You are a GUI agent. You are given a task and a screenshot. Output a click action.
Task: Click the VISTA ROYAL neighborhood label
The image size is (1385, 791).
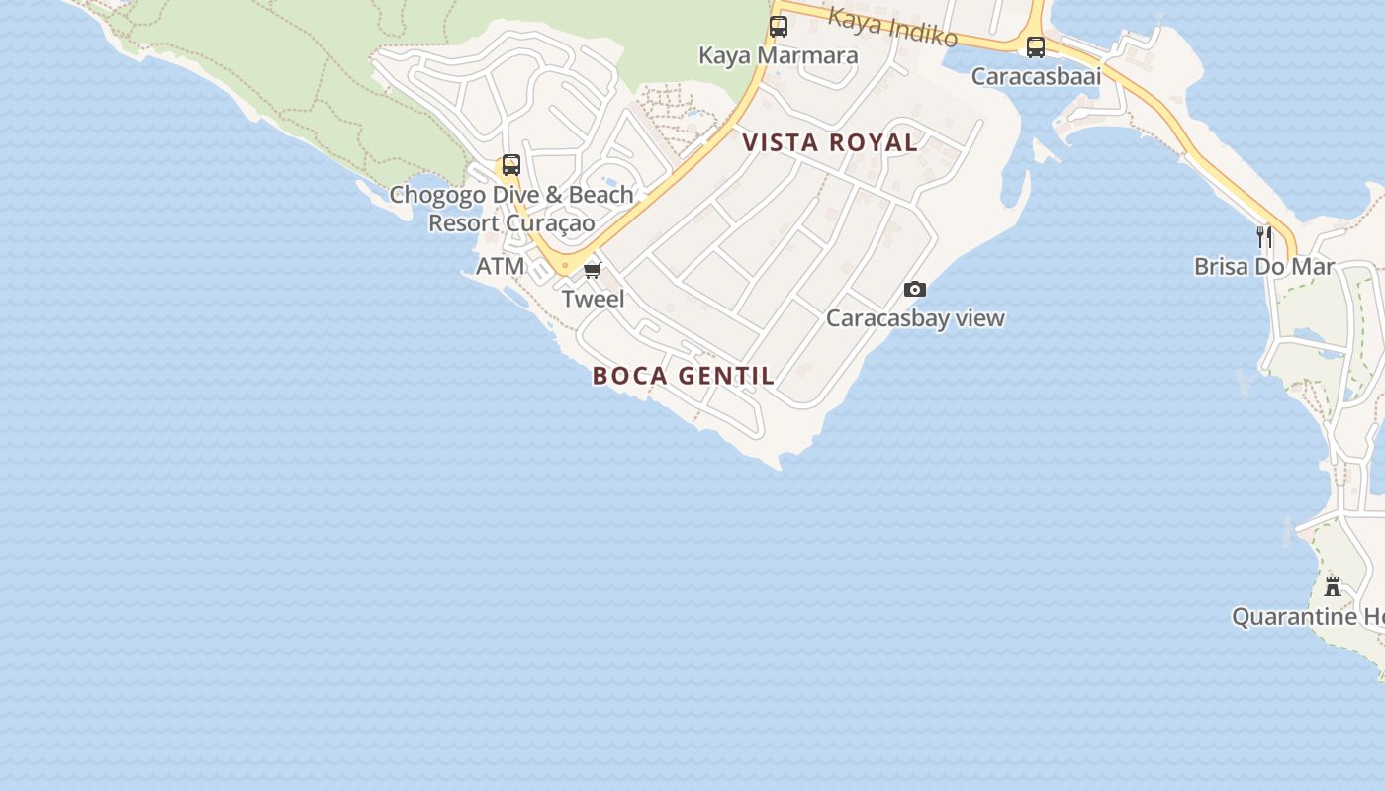830,142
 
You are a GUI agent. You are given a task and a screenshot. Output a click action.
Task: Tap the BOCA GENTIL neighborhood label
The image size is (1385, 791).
684,376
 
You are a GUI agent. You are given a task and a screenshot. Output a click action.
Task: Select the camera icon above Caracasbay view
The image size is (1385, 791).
915,289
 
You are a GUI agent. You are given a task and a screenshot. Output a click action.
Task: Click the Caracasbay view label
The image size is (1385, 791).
915,318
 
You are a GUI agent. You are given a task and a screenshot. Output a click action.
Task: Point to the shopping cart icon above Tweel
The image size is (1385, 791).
592,270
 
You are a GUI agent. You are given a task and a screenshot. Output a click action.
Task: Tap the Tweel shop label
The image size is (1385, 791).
593,299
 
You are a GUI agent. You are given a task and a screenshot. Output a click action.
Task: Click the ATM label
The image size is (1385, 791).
500,266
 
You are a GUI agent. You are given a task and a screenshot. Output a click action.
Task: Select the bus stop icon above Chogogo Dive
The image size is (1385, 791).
510,165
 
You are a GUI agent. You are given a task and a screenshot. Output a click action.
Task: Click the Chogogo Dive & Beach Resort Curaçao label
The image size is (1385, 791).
510,209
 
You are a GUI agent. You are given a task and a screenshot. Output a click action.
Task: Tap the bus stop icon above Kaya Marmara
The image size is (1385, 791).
779,27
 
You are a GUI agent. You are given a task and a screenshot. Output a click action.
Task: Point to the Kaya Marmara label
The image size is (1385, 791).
778,55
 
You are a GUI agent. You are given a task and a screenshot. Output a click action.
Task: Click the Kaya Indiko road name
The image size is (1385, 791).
893,27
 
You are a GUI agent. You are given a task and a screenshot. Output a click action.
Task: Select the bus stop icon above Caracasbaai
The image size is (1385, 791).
1035,46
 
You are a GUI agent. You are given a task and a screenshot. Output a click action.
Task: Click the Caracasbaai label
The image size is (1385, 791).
1036,76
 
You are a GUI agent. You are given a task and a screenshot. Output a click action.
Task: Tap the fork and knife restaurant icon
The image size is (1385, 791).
1263,236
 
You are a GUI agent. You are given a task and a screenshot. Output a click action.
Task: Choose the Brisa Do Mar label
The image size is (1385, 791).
1264,266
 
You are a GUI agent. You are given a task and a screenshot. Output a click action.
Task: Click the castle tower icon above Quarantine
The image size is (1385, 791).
1333,586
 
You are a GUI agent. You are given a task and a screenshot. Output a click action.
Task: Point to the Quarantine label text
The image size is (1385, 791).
1306,617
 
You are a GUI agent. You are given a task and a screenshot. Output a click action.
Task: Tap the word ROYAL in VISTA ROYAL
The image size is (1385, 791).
874,142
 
